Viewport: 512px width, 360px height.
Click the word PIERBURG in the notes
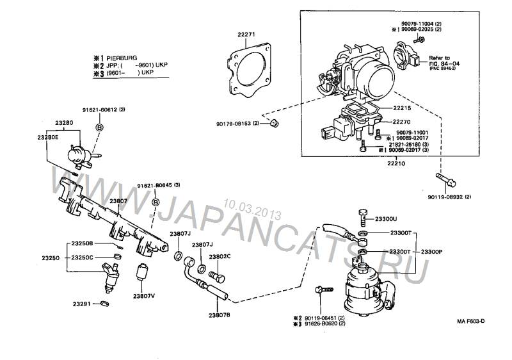coord(122,58)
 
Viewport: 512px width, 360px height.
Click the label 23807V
coord(144,296)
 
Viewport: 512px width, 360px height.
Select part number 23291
coord(81,304)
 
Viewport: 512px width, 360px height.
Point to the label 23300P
coord(432,252)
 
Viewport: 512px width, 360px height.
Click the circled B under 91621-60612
coord(100,127)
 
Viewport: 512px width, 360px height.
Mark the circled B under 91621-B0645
coord(155,202)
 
